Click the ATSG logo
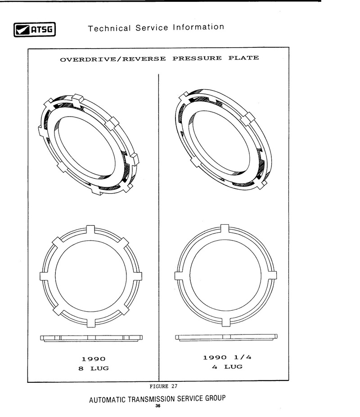35,29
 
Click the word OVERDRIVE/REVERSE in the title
113,59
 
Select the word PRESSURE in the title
197,58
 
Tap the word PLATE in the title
243,58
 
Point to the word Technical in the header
109,28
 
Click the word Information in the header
198,27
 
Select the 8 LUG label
94,368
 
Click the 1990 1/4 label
227,358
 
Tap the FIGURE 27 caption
163,386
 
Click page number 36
158,406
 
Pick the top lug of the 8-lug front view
90,230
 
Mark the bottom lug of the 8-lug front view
91,322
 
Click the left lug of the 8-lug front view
45,276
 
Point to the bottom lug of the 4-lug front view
226,321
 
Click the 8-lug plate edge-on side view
91,338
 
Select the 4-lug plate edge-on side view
226,337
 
